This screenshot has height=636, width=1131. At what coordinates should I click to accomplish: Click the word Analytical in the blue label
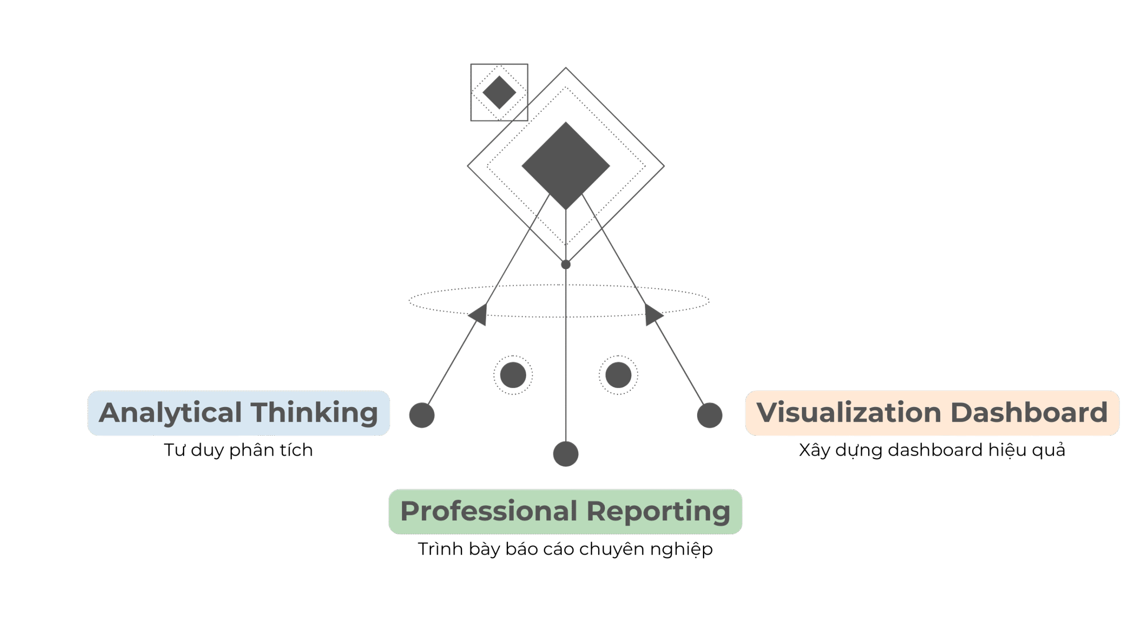point(170,413)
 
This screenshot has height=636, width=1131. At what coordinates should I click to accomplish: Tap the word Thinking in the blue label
point(315,413)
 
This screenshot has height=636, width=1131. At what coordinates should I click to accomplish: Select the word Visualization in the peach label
point(849,413)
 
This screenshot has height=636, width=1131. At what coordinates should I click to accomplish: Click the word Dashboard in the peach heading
point(1029,413)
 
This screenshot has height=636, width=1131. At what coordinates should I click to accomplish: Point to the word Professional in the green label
point(489,512)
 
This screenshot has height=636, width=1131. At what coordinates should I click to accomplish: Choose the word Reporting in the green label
point(658,512)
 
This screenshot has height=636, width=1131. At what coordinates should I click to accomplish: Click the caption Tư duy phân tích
point(239,450)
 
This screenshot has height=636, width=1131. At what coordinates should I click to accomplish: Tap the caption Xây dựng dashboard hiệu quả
point(932,450)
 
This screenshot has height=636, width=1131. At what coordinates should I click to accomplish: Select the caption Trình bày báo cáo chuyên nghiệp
point(565,549)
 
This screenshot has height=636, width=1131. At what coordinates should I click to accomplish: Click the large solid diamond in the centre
point(565,166)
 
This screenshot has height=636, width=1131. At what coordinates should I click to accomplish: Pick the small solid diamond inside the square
point(499,92)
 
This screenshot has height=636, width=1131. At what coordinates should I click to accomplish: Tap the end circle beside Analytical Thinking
point(422,415)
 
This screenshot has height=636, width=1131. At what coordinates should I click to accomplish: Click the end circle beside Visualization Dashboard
point(710,415)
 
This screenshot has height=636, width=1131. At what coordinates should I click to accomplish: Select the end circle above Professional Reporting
point(565,453)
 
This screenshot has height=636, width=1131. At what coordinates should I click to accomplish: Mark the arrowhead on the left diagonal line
point(479,315)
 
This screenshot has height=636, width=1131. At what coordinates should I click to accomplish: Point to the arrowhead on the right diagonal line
point(653,315)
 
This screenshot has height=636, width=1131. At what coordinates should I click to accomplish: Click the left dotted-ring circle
point(513,375)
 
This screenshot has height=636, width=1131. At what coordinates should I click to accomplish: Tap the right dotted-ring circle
point(618,375)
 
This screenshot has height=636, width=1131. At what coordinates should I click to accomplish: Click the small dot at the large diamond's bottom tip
point(565,265)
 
